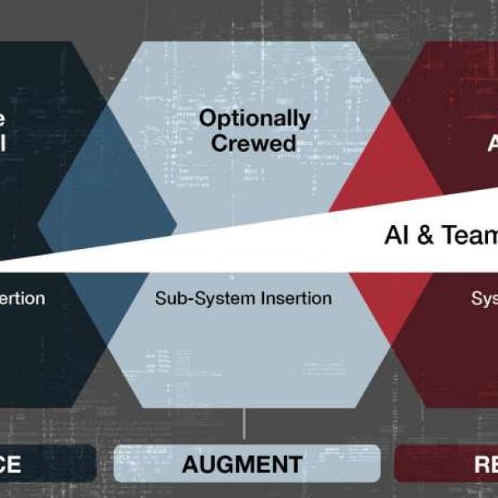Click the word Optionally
pyautogui.click(x=254, y=119)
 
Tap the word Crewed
pyautogui.click(x=253, y=143)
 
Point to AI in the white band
pyautogui.click(x=397, y=236)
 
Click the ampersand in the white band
pyautogui.click(x=424, y=236)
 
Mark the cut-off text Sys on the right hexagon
pyautogui.click(x=484, y=297)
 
